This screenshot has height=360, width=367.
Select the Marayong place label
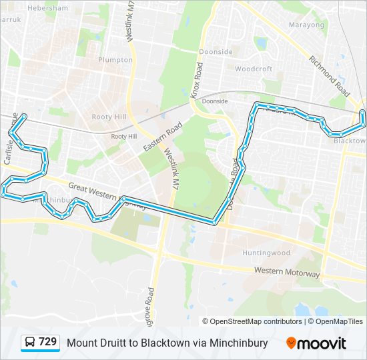(306, 25)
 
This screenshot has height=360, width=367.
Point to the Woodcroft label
(254, 69)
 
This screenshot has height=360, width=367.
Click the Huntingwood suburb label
(266, 253)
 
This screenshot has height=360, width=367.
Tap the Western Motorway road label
(287, 272)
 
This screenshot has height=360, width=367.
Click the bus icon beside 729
(30, 343)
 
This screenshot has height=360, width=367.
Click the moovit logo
(316, 343)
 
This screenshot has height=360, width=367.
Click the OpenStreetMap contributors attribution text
(252, 321)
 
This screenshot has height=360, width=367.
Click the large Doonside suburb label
(216, 52)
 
